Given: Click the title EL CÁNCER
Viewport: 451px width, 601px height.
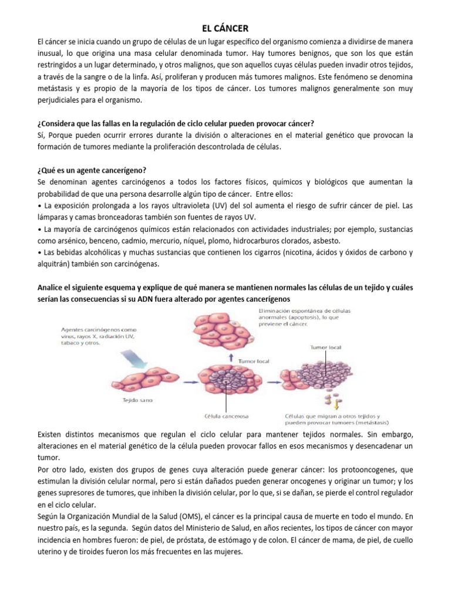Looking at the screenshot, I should coord(225,28).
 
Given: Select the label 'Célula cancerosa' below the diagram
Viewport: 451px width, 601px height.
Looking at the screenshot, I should coord(226,416).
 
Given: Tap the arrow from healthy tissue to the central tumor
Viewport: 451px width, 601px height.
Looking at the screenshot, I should coord(183,382).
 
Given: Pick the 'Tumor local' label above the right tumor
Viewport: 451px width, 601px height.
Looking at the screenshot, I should coord(325,347).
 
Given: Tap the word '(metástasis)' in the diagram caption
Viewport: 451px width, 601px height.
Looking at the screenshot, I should coord(372,422).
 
